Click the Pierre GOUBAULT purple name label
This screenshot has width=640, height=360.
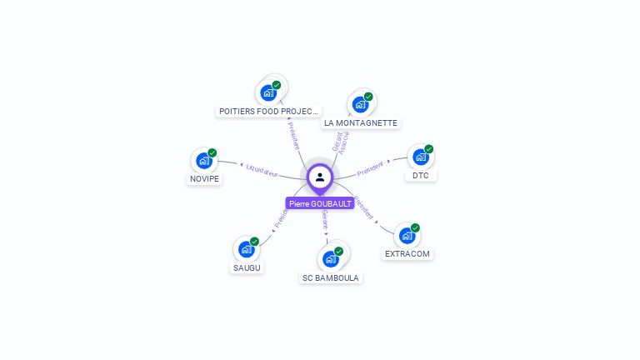(320, 203)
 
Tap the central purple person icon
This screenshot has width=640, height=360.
(320, 177)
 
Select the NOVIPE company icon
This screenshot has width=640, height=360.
(204, 161)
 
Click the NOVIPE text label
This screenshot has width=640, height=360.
(205, 179)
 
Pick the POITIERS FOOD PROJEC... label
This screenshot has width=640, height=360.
(268, 111)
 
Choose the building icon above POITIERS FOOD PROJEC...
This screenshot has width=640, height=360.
(268, 92)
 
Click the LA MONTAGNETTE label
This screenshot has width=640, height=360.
(360, 122)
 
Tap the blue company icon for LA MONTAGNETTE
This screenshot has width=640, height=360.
(360, 104)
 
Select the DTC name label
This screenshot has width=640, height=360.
(420, 175)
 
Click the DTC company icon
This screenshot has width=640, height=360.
(421, 157)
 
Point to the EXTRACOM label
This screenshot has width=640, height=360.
(408, 253)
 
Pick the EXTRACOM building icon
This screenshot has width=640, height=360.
(407, 236)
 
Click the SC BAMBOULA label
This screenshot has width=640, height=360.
(332, 277)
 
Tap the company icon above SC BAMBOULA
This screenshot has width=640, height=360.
(331, 258)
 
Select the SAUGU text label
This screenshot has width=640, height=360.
(246, 267)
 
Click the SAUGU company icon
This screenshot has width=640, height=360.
(246, 249)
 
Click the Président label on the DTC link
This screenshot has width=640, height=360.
(371, 168)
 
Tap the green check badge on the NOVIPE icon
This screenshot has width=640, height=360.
(212, 152)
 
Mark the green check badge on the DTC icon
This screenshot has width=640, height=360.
(429, 149)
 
